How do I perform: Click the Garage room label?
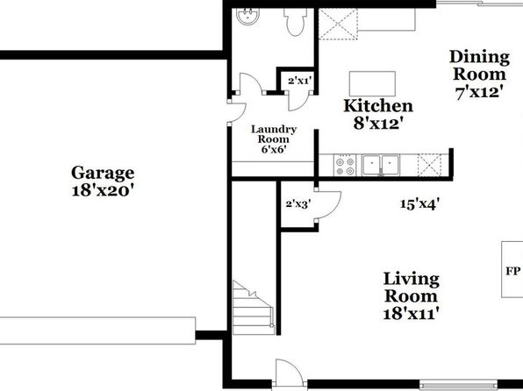point(103,173)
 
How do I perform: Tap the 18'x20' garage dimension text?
point(103,190)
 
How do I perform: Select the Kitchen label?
point(378,106)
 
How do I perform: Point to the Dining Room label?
point(479,66)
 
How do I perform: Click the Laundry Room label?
point(274,134)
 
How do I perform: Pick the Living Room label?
point(411,288)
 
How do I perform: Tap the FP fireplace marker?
point(512,271)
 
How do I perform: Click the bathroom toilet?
point(295,22)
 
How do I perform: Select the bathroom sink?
point(247,16)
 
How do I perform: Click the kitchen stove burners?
point(345,167)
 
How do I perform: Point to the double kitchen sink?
point(381,165)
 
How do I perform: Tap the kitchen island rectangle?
point(372,83)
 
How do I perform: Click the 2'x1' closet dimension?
point(300,81)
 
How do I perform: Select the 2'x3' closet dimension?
point(298,204)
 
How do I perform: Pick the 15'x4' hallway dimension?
point(419,204)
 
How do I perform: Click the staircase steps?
point(254,308)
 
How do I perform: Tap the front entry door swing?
point(290,374)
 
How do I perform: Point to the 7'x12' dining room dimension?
point(479,92)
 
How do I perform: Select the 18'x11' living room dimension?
point(411,314)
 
